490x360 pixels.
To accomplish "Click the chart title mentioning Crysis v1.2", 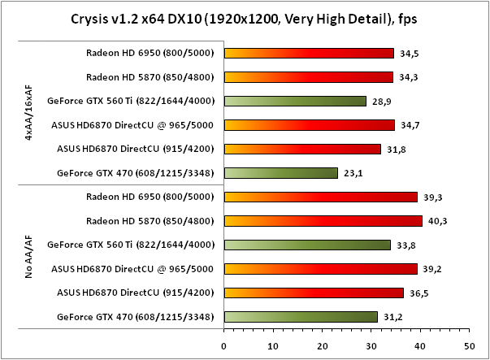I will [245, 19].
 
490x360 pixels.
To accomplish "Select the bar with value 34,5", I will [309, 53].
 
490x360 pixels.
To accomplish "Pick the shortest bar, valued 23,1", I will [280, 173].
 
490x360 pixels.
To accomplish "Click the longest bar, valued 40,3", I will [323, 220].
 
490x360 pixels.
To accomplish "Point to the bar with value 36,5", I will [314, 293].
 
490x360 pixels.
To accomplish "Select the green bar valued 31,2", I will [301, 317].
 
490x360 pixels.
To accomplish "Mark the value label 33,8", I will [404, 245].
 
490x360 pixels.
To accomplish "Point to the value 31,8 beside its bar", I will [393, 149].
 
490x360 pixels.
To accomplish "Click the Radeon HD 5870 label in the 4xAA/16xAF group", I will [150, 77].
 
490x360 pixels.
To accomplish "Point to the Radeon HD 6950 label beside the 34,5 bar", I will [150, 53].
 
